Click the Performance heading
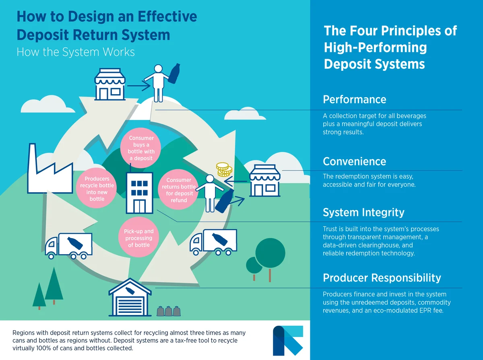[355, 99]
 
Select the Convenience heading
[354, 161]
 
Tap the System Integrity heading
[363, 212]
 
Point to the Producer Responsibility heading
[382, 278]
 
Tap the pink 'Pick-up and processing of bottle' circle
[139, 238]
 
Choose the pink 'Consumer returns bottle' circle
[179, 190]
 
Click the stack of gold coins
[224, 170]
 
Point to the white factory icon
[45, 172]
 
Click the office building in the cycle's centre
[139, 193]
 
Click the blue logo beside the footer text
[288, 340]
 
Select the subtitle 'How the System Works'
[75, 52]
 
